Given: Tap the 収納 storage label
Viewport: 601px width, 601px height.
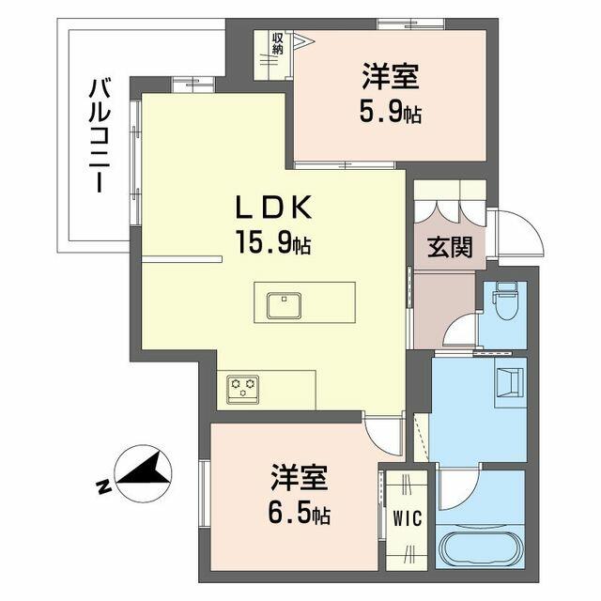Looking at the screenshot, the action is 278,43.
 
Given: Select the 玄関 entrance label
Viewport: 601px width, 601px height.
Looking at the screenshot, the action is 450,247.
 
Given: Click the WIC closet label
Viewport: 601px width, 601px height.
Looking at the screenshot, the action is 407,518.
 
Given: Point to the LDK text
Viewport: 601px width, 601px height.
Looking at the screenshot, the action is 273,208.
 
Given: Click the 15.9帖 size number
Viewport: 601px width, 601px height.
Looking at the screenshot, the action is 273,242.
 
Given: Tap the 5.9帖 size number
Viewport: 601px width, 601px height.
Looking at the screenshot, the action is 391,113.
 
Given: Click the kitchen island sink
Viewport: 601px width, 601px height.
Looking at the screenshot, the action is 284,305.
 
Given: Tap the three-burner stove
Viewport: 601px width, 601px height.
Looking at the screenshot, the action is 242,390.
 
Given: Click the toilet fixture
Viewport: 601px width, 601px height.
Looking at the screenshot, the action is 506,300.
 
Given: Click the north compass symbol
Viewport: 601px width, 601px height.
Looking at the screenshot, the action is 144,473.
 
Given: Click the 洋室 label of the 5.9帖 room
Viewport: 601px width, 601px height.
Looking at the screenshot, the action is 391,77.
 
